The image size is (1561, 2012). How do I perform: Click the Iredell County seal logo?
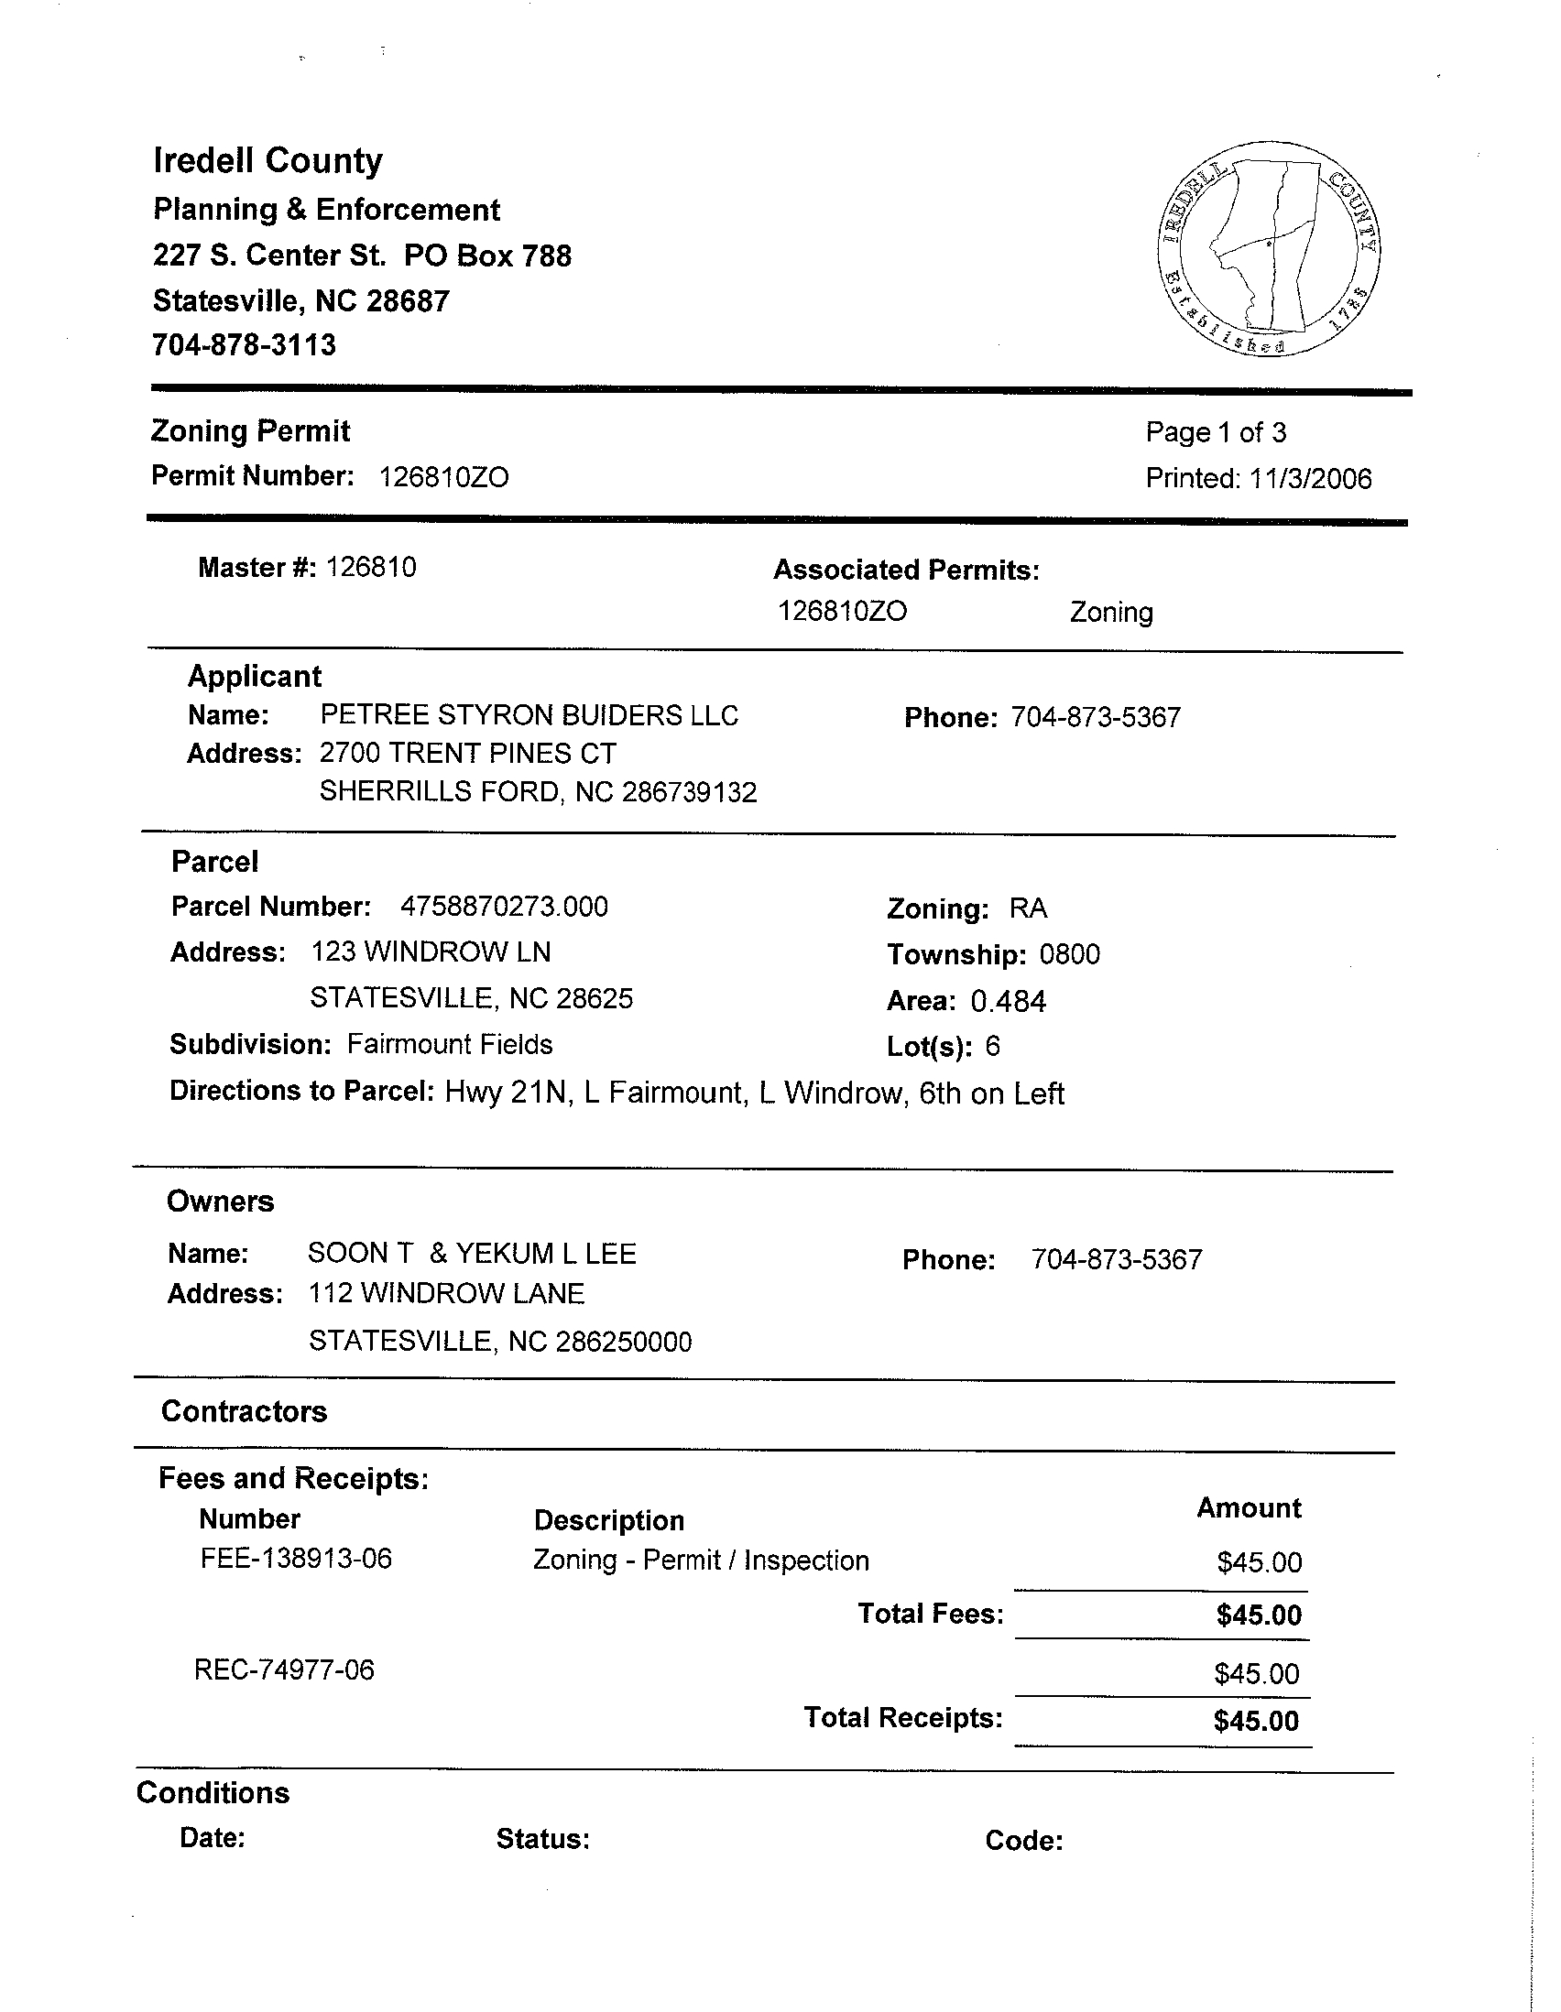[1268, 249]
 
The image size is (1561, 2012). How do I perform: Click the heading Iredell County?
[267, 161]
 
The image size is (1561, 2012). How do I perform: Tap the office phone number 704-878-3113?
[245, 345]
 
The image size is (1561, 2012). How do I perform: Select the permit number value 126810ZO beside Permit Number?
[443, 477]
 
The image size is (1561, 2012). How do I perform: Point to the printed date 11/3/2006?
[1309, 479]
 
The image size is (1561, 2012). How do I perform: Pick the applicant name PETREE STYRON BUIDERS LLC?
[529, 716]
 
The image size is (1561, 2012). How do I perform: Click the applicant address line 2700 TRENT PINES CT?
[467, 754]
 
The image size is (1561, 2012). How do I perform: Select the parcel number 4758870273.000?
[504, 907]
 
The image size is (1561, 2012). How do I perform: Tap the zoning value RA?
[1028, 908]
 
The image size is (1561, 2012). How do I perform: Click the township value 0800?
[1069, 954]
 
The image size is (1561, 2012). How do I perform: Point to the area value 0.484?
[1008, 1001]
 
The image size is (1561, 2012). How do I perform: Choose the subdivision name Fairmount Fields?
[450, 1045]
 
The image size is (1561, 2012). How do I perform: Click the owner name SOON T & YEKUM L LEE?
[472, 1254]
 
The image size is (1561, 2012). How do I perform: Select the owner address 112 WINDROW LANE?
[446, 1294]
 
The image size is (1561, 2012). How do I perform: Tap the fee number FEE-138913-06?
[296, 1559]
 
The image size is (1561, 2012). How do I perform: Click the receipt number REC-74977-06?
[284, 1670]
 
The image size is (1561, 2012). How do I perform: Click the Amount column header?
[1248, 1508]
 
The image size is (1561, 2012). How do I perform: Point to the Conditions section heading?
[213, 1793]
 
